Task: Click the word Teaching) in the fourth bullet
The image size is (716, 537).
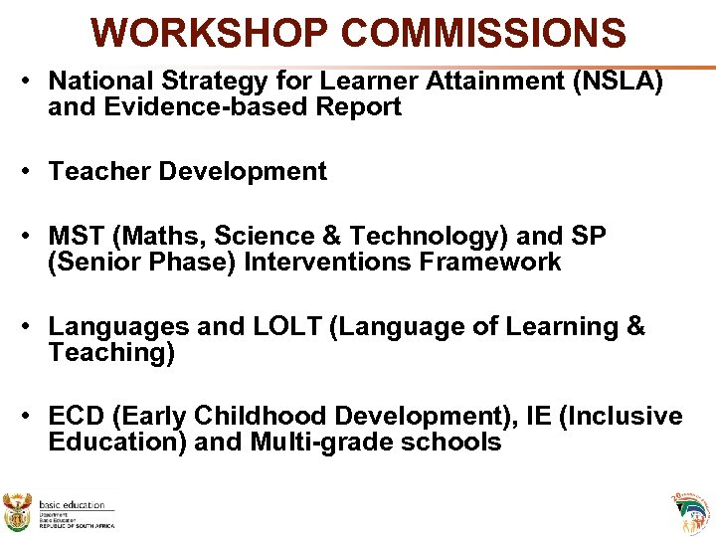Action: click(111, 353)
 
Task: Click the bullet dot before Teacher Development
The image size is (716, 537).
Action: click(33, 171)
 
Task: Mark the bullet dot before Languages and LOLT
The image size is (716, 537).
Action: click(33, 326)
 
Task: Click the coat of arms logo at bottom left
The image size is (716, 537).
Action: click(18, 511)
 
